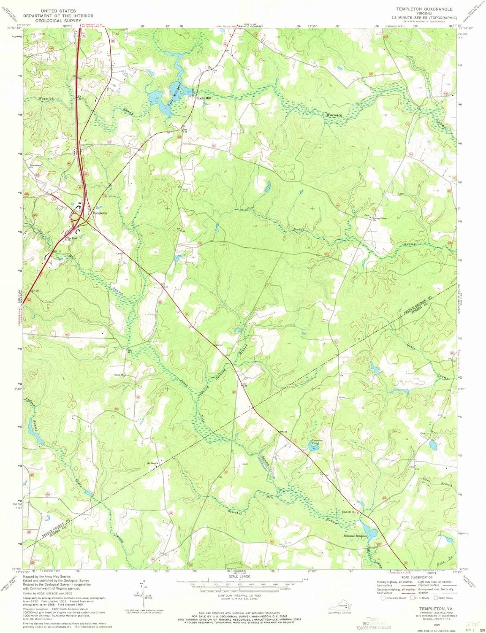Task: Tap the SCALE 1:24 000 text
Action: pos(239,576)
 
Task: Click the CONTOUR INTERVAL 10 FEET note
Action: pos(239,596)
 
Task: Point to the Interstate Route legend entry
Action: pos(394,598)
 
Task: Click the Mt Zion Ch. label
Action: pos(152,463)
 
